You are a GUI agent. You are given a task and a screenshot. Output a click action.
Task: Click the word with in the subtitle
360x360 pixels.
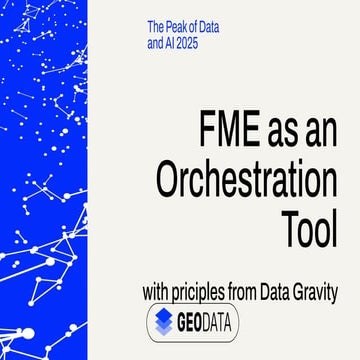click(156, 294)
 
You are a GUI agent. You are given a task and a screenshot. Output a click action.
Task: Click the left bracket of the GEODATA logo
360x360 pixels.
click(150, 322)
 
